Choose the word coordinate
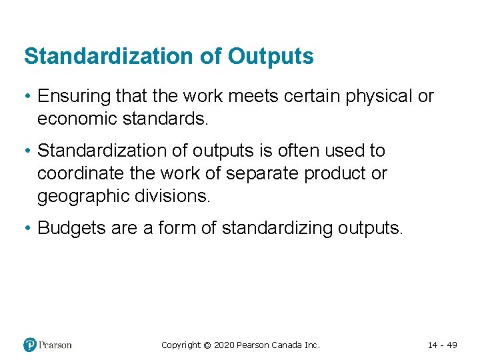click(x=80, y=173)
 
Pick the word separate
click(x=263, y=173)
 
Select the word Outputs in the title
click(x=271, y=57)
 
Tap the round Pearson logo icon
click(x=30, y=345)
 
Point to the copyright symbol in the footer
click(x=207, y=345)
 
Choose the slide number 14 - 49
click(x=442, y=345)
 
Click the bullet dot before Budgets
click(x=29, y=228)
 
